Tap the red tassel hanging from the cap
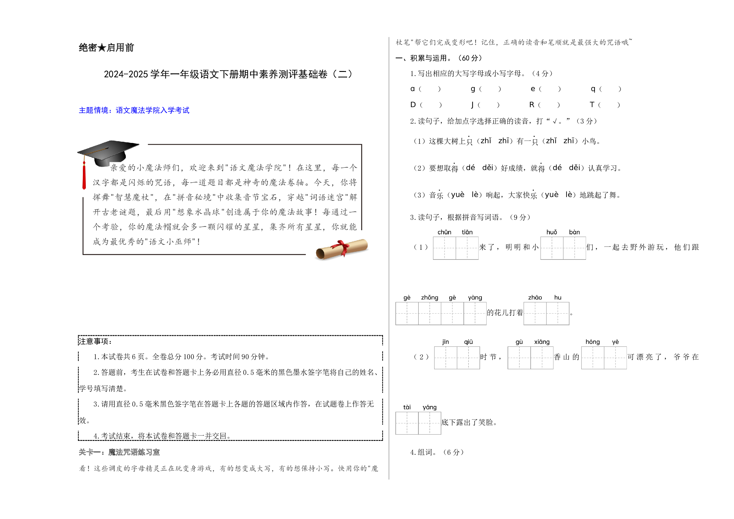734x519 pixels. click(84, 176)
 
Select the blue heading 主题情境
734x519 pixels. click(134, 110)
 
